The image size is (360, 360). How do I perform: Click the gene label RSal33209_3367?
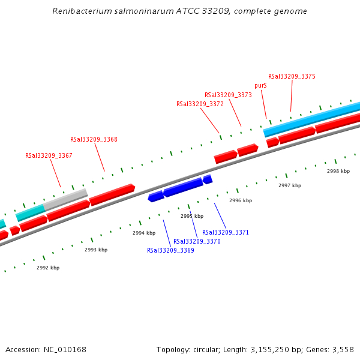(x=49, y=155)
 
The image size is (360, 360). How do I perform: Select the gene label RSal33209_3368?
(x=94, y=139)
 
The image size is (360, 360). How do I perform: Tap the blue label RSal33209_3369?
(x=170, y=250)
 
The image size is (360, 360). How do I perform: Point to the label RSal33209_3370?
(x=197, y=241)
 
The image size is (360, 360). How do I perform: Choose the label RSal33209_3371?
(x=225, y=232)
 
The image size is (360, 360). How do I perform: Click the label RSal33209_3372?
(x=200, y=104)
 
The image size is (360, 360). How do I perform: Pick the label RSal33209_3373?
(x=228, y=95)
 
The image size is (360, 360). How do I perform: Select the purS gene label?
(x=260, y=85)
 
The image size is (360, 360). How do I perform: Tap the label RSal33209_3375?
(x=292, y=76)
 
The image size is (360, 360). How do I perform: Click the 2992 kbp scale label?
(x=47, y=268)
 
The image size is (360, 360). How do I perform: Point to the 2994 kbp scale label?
(x=144, y=233)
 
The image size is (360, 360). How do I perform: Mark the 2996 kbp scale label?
(x=241, y=200)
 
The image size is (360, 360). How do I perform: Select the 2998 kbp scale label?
(x=338, y=171)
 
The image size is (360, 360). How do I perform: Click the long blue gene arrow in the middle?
(x=183, y=187)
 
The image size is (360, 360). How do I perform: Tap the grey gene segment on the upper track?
(x=65, y=199)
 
